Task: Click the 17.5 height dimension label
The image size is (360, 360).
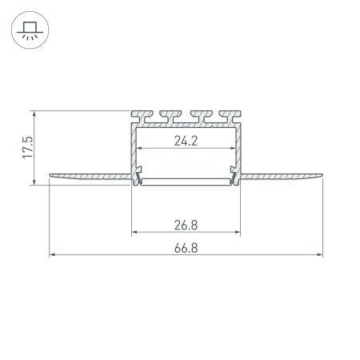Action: click(x=28, y=147)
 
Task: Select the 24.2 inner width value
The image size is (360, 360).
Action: click(x=185, y=142)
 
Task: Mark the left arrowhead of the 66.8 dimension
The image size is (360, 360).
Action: click(x=52, y=256)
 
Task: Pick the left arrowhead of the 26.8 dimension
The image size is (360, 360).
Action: click(x=133, y=232)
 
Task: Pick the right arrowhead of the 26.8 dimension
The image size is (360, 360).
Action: click(x=238, y=232)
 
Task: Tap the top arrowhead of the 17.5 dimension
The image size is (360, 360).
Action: click(x=34, y=112)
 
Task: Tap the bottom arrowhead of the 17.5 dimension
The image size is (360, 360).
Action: click(x=34, y=182)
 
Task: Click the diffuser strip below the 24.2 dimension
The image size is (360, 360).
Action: click(x=185, y=182)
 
